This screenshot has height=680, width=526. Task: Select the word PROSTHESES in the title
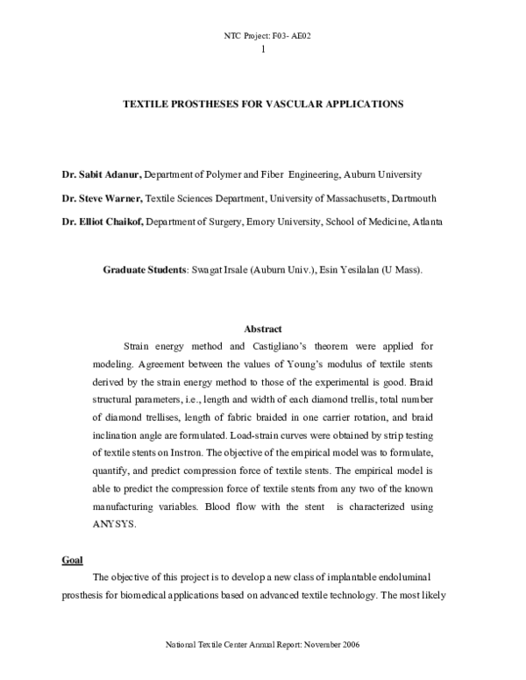pyautogui.click(x=204, y=103)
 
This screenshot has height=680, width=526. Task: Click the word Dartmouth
pyautogui.click(x=415, y=198)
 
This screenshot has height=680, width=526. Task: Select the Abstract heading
pyautogui.click(x=262, y=329)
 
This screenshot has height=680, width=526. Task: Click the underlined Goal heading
pyautogui.click(x=71, y=558)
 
